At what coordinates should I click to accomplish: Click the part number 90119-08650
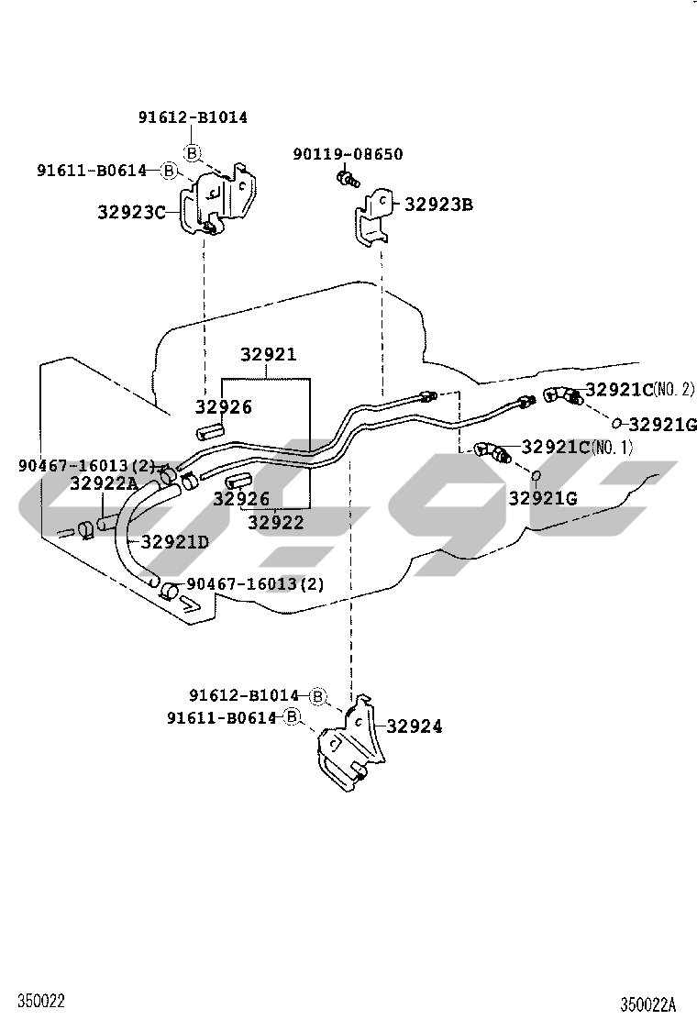tap(348, 154)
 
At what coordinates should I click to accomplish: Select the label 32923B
tap(439, 205)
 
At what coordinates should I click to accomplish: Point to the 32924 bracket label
tap(415, 726)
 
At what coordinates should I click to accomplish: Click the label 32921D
tap(175, 541)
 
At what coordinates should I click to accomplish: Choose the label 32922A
tap(104, 483)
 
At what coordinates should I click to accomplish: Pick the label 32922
tap(276, 522)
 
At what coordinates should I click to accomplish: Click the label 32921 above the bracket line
tap(269, 355)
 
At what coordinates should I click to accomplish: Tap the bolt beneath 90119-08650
tap(348, 178)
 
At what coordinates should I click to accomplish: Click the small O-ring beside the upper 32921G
tap(616, 424)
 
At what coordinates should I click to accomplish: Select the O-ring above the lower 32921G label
tap(536, 476)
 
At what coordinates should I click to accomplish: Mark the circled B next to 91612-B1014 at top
tap(192, 152)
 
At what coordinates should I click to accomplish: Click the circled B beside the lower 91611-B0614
tap(293, 717)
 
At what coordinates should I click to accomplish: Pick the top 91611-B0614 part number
tap(92, 171)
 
